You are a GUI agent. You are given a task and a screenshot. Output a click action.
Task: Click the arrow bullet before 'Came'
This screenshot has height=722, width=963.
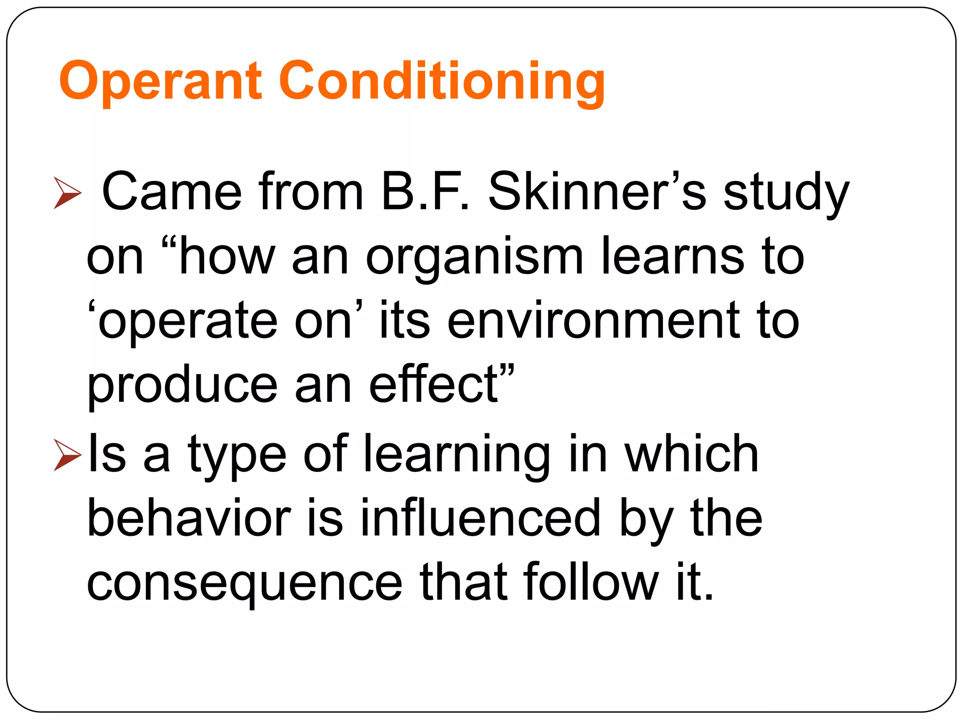click(x=67, y=193)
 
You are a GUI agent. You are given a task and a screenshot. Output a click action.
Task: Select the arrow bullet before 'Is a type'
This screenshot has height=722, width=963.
click(x=67, y=455)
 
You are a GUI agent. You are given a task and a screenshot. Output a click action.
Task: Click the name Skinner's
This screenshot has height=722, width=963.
click(x=597, y=192)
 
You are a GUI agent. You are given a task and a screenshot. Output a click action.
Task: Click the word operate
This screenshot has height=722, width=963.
click(x=188, y=322)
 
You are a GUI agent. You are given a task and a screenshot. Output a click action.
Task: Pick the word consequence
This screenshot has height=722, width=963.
click(x=245, y=583)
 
